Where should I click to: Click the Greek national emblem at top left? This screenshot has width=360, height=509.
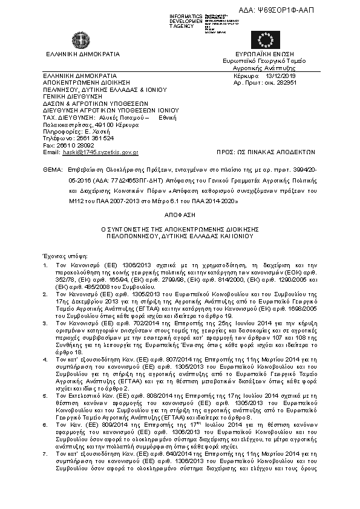coord(79,40)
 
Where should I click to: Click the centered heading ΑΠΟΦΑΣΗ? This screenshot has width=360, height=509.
coord(180,215)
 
